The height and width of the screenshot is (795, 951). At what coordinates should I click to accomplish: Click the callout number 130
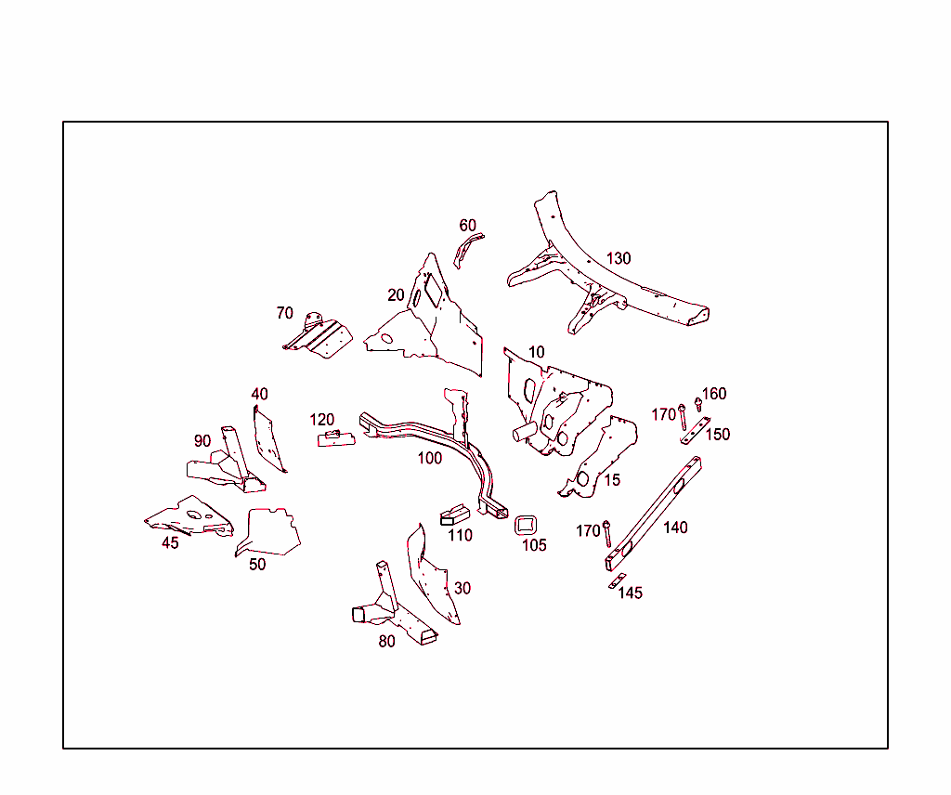[619, 258]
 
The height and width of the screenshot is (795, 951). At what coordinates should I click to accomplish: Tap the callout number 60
[468, 226]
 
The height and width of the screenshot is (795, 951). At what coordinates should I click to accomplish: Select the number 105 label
[534, 545]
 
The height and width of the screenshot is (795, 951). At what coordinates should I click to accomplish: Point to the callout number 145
[631, 593]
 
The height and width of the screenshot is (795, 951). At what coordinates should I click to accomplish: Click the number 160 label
[714, 394]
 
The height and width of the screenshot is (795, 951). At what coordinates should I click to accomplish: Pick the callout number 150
[718, 435]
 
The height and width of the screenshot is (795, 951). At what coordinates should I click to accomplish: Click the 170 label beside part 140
[588, 531]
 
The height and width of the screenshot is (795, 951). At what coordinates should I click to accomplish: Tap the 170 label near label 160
[663, 415]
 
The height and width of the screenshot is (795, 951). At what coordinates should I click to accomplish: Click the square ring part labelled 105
[526, 525]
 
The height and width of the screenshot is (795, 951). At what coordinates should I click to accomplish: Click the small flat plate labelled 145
[618, 581]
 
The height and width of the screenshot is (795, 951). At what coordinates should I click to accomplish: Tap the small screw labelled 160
[698, 405]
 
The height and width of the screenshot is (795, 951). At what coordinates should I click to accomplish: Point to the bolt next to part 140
[606, 534]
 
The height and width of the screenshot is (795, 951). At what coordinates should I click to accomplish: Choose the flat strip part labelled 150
[695, 431]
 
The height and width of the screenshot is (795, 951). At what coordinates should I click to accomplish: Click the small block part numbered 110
[455, 515]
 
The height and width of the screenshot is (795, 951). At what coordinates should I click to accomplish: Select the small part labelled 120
[336, 438]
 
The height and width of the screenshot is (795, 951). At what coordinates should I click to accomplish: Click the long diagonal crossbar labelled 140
[653, 514]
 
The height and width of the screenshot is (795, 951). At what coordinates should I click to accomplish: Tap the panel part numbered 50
[268, 532]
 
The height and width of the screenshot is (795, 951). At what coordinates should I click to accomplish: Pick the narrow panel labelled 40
[267, 439]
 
